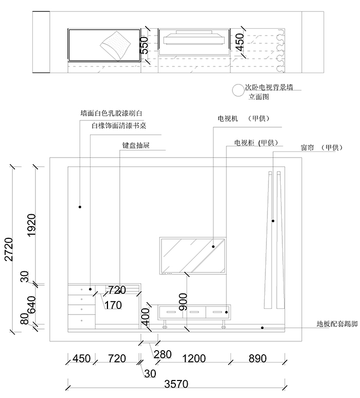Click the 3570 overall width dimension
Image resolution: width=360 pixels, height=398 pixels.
[176, 384]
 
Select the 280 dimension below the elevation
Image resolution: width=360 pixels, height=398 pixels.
[163, 354]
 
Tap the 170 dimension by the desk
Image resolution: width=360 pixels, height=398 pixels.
[113, 305]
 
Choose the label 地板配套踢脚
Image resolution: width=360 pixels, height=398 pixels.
[337, 325]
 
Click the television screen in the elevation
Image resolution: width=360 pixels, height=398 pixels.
[193, 255]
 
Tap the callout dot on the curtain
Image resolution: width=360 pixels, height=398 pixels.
[273, 221]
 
